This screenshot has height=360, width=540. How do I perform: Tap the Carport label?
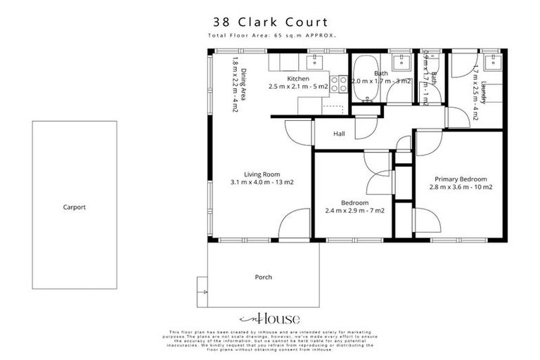coord(74,207)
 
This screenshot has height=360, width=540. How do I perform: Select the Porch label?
coord(263,277)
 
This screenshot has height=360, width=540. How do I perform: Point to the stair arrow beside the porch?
coord(202,288)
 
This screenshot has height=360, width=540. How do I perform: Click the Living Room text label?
coord(262,174)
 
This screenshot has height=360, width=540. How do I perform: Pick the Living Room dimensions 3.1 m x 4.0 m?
coord(262,183)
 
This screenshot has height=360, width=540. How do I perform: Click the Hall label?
coord(339,134)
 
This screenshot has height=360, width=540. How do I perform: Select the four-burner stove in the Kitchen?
coord(339,84)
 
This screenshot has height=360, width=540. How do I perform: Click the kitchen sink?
coord(314,62)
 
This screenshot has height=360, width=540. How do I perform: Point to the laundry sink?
coord(493,62)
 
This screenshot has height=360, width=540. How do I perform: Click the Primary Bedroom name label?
coord(460,179)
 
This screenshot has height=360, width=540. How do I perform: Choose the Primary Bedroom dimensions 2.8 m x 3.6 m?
coord(460,188)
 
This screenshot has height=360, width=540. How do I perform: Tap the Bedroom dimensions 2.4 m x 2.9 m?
coord(354,210)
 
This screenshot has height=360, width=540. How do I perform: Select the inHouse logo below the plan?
coord(269,318)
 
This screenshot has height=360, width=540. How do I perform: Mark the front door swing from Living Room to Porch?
coord(295,225)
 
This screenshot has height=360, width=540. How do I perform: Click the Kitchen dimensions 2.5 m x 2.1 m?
coord(297,86)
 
